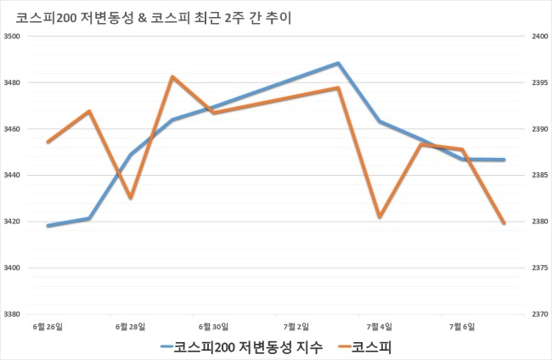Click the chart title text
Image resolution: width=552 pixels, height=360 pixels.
pos(154,18)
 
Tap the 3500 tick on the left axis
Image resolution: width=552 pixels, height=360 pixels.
pos(12,37)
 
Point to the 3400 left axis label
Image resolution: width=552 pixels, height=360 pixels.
pos(12,267)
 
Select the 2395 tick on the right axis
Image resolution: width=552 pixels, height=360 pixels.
pos(539,82)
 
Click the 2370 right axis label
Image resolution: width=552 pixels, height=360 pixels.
pos(539,314)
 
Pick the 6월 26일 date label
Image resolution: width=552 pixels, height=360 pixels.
pos(48,327)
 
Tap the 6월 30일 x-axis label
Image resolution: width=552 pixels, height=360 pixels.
pos(213,327)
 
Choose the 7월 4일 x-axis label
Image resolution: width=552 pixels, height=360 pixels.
pos(379,327)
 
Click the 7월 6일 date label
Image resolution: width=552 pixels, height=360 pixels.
pos(462,327)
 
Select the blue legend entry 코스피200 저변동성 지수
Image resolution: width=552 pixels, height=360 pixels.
pos(241,347)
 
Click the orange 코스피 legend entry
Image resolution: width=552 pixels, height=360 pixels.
pos(364,347)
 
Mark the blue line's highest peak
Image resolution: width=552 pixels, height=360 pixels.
pos(338,64)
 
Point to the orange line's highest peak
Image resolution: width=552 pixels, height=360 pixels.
pos(172,76)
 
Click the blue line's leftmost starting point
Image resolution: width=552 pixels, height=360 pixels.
pos(48,226)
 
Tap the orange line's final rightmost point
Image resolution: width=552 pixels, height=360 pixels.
pos(504,223)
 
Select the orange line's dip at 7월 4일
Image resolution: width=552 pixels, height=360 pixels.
pos(380,217)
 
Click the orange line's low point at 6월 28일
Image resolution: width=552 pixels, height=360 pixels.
pos(131,198)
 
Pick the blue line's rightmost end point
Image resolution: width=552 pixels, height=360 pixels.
pos(504,160)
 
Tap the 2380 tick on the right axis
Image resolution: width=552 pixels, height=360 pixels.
pos(539,222)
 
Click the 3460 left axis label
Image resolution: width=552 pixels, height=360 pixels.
pos(12,129)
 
